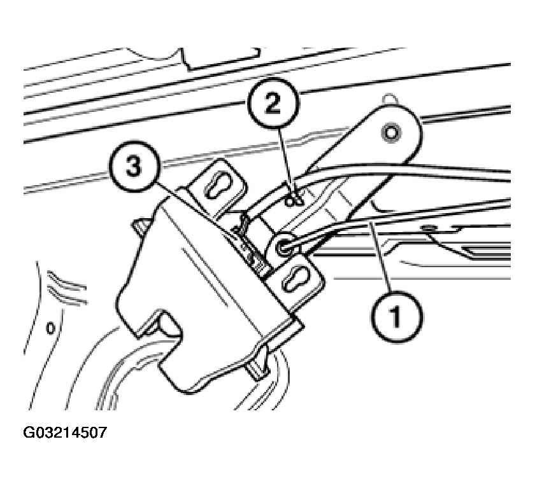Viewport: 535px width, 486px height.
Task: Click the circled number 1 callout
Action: click(396, 317)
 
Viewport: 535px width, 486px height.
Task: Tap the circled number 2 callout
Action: click(273, 104)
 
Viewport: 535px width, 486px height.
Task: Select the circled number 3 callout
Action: click(134, 166)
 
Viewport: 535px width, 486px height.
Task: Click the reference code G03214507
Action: click(65, 433)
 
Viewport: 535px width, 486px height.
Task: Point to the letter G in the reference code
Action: click(29, 433)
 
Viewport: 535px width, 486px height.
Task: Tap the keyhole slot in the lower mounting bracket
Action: click(296, 278)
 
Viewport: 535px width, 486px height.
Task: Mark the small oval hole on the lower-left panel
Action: click(50, 328)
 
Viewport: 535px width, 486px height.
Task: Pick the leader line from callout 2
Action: click(286, 161)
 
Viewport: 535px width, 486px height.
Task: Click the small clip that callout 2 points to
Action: click(294, 202)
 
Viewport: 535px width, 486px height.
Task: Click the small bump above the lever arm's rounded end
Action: click(390, 99)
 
